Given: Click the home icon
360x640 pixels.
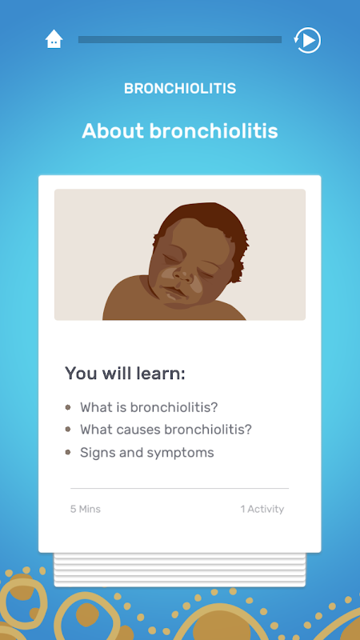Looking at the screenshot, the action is pyautogui.click(x=54, y=39).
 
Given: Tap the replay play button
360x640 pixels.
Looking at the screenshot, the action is pyautogui.click(x=307, y=40).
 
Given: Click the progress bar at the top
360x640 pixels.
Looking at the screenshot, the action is pyautogui.click(x=180, y=39).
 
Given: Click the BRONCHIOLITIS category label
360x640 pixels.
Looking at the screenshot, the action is pyautogui.click(x=180, y=88).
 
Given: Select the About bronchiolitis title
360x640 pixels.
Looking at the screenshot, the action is pyautogui.click(x=180, y=131).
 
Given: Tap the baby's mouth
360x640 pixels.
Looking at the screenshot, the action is pyautogui.click(x=174, y=294).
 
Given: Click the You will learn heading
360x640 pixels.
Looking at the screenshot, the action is pyautogui.click(x=125, y=374).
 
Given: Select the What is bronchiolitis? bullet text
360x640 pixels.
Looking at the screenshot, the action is pyautogui.click(x=149, y=407).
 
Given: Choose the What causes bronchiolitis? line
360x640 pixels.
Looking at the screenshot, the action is pyautogui.click(x=166, y=430).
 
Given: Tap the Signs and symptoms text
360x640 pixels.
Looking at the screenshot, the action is pyautogui.click(x=147, y=453).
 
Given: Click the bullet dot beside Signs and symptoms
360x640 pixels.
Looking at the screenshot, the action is pyautogui.click(x=68, y=452).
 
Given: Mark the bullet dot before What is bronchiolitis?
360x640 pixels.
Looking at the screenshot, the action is pyautogui.click(x=68, y=407).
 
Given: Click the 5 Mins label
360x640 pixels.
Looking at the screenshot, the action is pyautogui.click(x=86, y=509).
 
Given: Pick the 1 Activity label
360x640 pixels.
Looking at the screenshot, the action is pyautogui.click(x=262, y=509).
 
